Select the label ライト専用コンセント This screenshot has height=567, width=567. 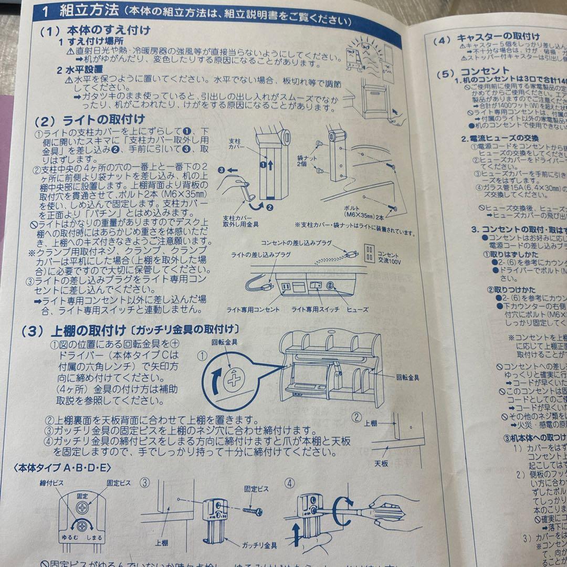click(x=253, y=310)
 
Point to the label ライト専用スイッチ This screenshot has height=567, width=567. click(x=315, y=310)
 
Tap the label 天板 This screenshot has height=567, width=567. click(x=381, y=464)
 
